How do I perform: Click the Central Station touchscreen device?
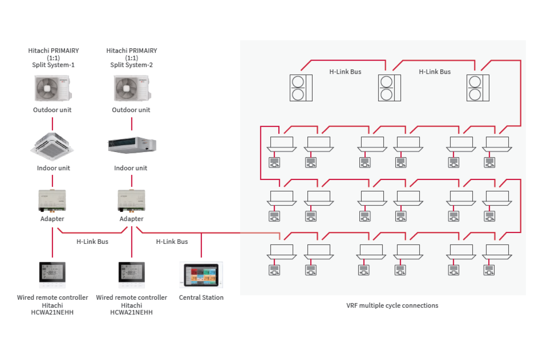[x=201, y=275]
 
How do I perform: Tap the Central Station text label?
[x=201, y=297]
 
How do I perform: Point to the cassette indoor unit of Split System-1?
[x=52, y=146]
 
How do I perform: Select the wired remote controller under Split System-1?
[x=52, y=275]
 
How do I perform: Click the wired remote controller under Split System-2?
[x=131, y=275]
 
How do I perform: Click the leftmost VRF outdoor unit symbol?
[x=301, y=88]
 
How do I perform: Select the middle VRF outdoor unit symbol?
[x=389, y=88]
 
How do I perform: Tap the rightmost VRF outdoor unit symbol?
[x=478, y=88]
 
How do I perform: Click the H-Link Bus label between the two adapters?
[x=92, y=241]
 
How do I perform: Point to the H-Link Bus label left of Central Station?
[x=172, y=241]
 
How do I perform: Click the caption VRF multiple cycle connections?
[x=392, y=305]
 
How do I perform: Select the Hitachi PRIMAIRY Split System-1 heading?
[x=54, y=57]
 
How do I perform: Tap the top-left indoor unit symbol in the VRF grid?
[x=281, y=144]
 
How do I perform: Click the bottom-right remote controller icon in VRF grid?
[x=489, y=270]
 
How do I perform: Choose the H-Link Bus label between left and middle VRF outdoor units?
[x=345, y=72]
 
